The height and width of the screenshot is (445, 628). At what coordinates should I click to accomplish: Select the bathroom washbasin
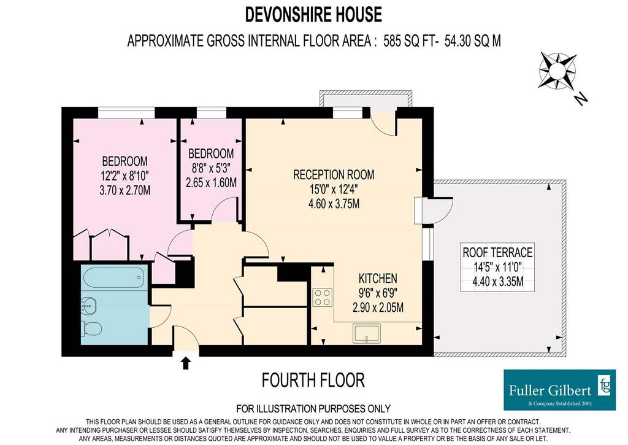88,306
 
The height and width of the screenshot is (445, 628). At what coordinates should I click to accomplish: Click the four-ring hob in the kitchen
323,297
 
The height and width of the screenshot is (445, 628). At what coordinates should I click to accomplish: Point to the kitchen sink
366,333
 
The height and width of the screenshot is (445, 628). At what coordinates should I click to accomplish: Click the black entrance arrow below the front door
186,363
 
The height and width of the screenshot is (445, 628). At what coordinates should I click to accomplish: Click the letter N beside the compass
580,99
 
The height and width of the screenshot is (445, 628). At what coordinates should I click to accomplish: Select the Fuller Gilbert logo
559,390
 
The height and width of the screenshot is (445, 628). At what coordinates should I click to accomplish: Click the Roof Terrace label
497,252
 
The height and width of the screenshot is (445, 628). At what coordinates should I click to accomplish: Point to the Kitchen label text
378,278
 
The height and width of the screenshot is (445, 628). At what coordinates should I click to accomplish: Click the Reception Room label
334,175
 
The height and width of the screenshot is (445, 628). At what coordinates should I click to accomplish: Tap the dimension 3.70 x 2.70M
125,190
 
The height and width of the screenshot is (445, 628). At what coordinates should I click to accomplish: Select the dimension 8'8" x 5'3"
211,168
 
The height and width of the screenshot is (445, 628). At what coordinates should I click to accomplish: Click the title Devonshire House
313,15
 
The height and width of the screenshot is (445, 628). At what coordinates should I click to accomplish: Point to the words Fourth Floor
313,380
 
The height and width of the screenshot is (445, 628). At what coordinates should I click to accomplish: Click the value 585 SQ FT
409,41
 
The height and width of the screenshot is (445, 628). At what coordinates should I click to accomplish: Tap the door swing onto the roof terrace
443,206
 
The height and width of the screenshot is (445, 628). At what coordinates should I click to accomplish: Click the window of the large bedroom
126,113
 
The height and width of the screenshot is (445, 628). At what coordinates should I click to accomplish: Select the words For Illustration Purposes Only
313,409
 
